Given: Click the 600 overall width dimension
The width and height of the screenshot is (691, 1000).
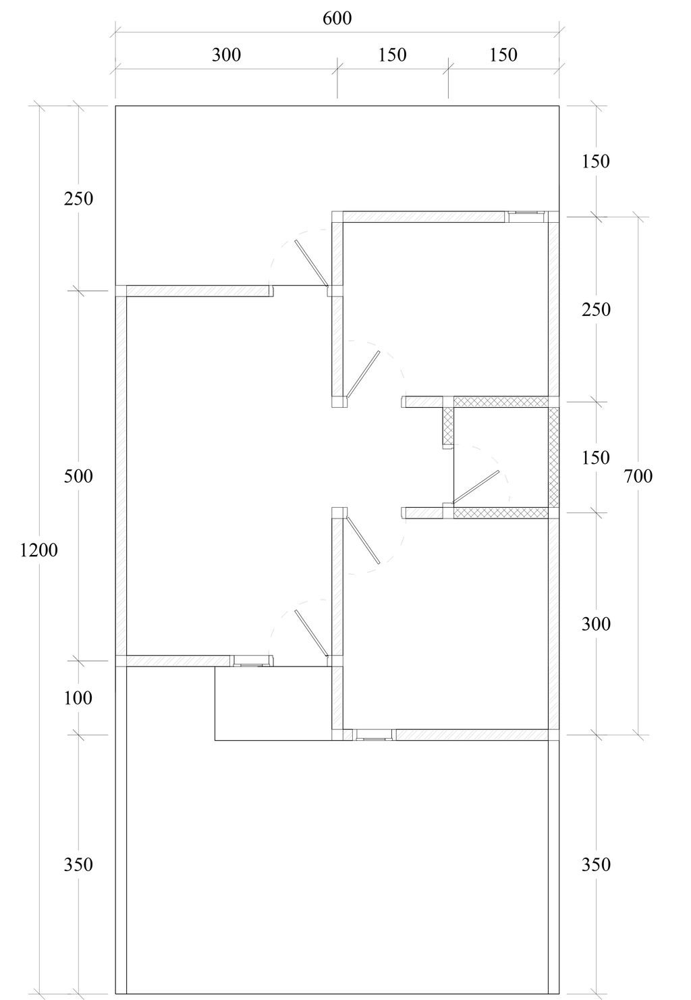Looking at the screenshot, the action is (337, 18).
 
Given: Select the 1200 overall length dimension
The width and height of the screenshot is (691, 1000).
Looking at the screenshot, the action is (39, 550).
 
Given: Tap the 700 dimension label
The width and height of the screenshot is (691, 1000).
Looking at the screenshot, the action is (638, 476).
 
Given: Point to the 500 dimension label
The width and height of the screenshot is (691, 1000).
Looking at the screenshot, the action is (78, 476).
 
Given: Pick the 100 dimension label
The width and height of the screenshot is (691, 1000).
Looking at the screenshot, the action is (78, 698).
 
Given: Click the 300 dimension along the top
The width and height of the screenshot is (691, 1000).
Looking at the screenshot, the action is (226, 55).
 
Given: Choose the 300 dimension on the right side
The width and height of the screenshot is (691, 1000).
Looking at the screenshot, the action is (596, 624).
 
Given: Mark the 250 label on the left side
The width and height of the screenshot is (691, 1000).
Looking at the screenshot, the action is (78, 199).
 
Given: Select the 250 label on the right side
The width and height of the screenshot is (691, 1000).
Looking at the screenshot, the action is (596, 309).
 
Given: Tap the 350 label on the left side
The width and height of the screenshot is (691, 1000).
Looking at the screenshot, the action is (78, 865).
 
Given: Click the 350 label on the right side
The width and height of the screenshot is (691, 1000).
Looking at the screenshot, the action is (596, 865).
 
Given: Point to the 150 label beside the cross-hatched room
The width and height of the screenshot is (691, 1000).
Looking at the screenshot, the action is (596, 458).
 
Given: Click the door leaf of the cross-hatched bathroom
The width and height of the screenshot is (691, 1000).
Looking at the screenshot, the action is (476, 487).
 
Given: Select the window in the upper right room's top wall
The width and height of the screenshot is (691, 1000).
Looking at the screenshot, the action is (526, 217).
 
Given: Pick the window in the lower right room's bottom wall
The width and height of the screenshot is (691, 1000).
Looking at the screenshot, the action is (374, 735).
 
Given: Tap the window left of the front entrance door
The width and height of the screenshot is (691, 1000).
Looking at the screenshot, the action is (251, 661).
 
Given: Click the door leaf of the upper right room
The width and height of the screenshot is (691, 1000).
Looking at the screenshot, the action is (363, 374).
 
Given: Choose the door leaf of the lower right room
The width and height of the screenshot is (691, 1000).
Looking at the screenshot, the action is (363, 540).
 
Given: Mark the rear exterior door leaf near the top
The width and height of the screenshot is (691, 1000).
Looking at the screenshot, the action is (311, 264).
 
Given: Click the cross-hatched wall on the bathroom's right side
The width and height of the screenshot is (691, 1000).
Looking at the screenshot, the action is (553, 457).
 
